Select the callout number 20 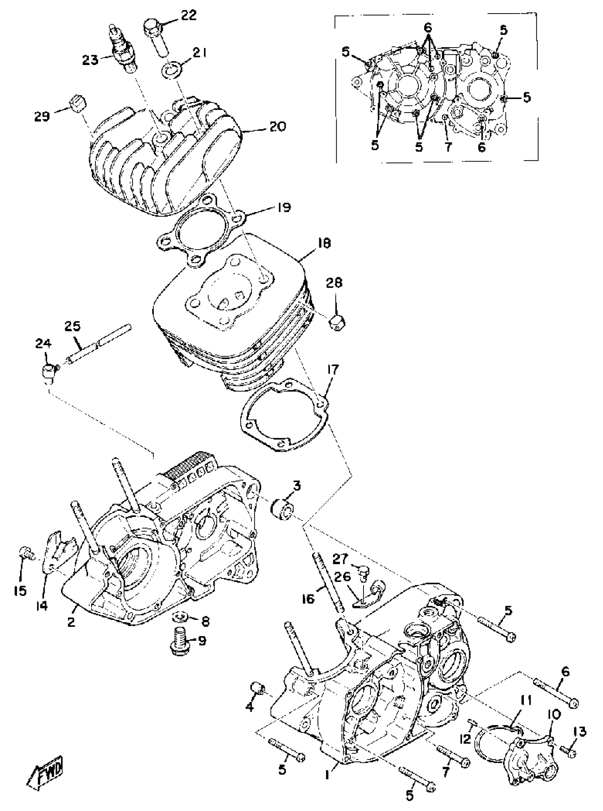(x=278, y=126)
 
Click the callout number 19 (x=283, y=207)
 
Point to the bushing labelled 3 (x=282, y=509)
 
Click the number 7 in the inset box (x=448, y=147)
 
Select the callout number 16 (x=308, y=598)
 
